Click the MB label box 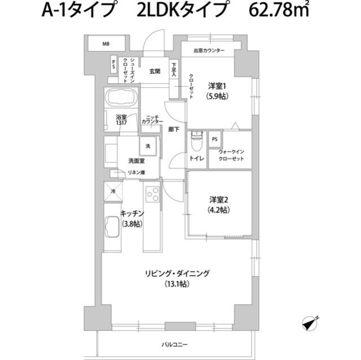click(x=105, y=43)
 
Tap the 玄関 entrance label click(x=155, y=71)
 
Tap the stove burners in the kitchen click(x=153, y=194)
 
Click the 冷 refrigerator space click(x=113, y=191)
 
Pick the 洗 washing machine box click(x=148, y=146)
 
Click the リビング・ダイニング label click(x=177, y=273)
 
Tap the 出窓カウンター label click(x=209, y=51)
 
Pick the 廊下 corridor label click(x=174, y=129)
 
